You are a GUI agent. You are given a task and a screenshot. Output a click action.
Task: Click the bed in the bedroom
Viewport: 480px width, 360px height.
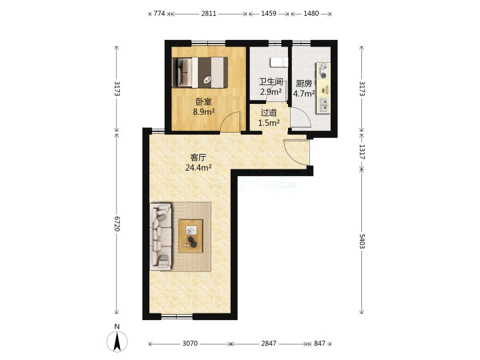click(200, 73)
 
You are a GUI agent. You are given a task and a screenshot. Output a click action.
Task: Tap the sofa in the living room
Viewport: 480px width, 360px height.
click(161, 236)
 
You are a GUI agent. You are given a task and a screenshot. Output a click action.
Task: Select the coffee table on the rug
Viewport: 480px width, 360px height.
click(191, 236)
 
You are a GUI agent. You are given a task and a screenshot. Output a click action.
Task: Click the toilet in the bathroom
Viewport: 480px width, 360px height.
click(279, 62)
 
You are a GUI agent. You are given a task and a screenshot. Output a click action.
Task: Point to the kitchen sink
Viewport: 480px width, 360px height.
click(323, 105)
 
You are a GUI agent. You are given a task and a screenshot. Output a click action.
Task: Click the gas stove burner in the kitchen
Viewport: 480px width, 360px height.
click(323, 70)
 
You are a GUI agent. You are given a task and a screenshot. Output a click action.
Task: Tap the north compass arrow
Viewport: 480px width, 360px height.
click(117, 341)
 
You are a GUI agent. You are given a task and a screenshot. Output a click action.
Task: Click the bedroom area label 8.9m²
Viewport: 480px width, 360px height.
click(203, 112)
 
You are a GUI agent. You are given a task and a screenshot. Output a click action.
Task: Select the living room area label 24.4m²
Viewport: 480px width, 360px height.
click(199, 167)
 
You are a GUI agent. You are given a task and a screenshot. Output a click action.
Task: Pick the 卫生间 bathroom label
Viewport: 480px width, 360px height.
click(271, 82)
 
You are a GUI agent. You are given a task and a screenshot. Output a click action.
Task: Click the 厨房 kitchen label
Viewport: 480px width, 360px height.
click(304, 83)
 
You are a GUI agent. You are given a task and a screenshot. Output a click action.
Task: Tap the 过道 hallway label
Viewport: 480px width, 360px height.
click(269, 113)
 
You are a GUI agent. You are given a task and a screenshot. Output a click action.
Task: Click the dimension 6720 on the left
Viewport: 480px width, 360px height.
click(117, 223)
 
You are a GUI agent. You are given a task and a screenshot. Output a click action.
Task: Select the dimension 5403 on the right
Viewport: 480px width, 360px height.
click(362, 241)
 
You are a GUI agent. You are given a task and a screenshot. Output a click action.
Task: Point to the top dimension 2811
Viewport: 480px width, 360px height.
click(209, 13)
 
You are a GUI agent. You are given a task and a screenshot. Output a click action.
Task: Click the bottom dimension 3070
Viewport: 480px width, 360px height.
click(190, 343)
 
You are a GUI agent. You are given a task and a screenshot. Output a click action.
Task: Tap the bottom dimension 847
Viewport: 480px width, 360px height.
click(319, 343)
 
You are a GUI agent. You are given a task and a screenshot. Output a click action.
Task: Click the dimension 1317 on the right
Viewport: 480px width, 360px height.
click(362, 152)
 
